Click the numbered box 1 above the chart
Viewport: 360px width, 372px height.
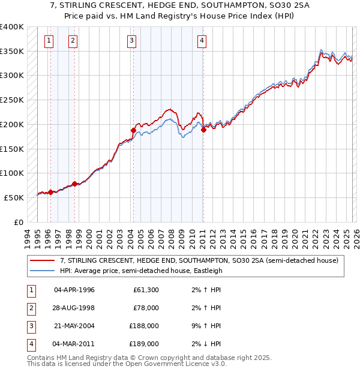point(49,41)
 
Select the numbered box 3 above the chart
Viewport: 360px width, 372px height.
point(131,41)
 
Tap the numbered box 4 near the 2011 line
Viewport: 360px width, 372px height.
point(202,41)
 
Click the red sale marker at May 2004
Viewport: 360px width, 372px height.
point(133,130)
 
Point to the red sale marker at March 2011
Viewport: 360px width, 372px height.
point(203,129)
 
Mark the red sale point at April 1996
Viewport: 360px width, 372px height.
point(50,192)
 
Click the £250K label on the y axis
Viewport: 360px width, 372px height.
point(12,100)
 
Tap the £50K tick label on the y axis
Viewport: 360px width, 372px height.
point(14,197)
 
